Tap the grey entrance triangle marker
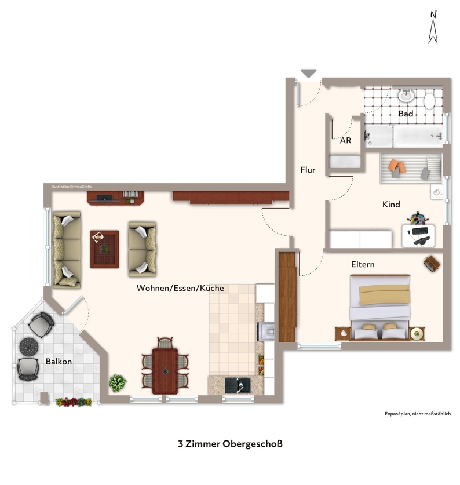click(308, 74)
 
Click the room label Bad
click(406, 114)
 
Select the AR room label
click(345, 140)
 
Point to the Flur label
click(308, 170)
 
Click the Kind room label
click(391, 204)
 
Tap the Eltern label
click(363, 264)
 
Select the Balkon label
click(59, 361)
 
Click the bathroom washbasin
click(406, 96)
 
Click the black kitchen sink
click(238, 385)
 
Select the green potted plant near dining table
click(118, 383)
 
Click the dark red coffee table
click(104, 249)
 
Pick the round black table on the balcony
click(29, 347)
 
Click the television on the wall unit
click(105, 198)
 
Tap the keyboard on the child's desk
click(420, 231)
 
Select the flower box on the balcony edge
click(74, 402)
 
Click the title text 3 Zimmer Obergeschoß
click(230, 444)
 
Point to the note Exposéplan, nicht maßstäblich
click(418, 414)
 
